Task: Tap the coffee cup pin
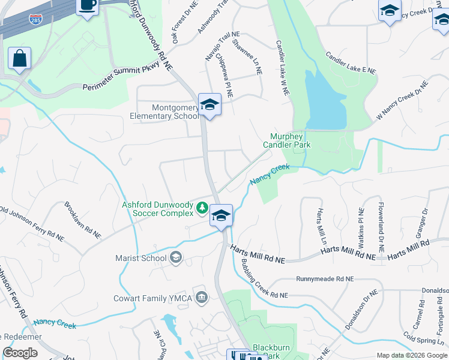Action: point(88,6)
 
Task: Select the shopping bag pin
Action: point(20,59)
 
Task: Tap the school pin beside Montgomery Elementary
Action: point(210,105)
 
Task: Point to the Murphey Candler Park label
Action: point(285,140)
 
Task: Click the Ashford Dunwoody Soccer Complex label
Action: point(158,208)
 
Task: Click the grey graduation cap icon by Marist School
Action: point(176,257)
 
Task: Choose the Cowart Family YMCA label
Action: point(152,298)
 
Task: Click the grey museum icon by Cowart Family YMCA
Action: point(201,298)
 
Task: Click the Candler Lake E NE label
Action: point(351,62)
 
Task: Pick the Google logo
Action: point(20,353)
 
